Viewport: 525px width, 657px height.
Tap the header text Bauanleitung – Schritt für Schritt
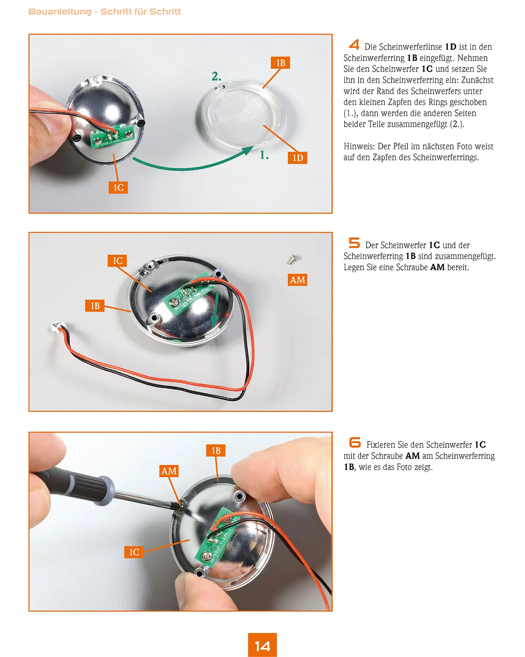click(105, 12)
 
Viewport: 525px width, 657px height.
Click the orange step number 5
click(354, 243)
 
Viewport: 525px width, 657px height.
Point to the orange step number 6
click(355, 442)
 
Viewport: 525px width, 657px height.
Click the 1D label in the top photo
click(297, 158)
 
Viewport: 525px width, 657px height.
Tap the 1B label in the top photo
click(280, 63)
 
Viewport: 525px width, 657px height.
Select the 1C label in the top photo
click(118, 187)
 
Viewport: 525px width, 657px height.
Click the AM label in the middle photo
click(297, 280)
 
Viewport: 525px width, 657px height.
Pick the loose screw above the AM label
click(293, 259)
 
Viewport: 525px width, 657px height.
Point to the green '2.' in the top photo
click(216, 76)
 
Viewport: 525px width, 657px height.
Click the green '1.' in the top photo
click(264, 155)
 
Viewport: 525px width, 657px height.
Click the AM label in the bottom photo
click(169, 471)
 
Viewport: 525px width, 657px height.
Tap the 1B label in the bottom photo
click(216, 450)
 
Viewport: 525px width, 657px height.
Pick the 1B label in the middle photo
click(95, 306)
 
